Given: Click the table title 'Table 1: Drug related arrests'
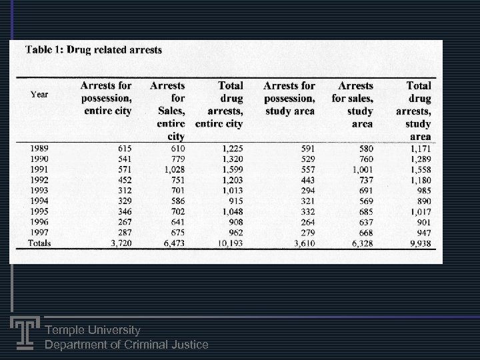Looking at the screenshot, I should (x=93, y=50).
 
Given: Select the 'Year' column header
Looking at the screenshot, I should (x=39, y=95).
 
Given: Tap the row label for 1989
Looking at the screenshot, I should (x=39, y=148).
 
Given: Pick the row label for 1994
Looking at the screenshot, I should (x=39, y=201).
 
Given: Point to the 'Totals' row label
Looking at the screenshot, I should (x=39, y=243).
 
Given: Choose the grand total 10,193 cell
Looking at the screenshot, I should (x=231, y=244).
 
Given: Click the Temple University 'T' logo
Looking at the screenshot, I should (x=24, y=331).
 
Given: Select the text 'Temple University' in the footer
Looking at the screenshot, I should (x=92, y=330).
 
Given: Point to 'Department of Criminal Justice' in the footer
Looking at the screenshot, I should (x=126, y=345).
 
